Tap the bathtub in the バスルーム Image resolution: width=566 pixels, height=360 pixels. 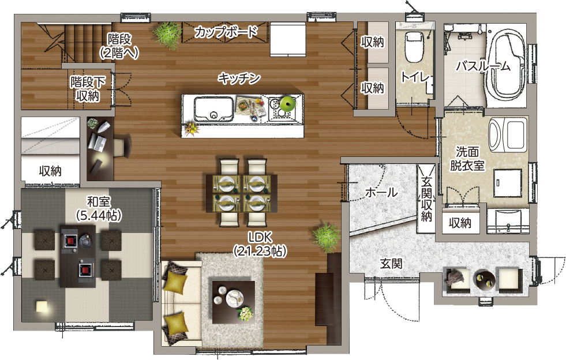point(507,65)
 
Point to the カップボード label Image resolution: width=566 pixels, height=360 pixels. point(226,32)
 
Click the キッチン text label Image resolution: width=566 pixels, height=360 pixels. point(239,78)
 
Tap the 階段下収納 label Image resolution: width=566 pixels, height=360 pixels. point(88,89)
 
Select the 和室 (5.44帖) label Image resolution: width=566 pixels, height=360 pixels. point(99,208)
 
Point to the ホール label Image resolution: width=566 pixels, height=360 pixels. point(381,192)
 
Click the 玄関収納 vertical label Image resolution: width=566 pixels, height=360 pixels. point(427,199)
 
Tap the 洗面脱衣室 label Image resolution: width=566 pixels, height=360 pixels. point(467,159)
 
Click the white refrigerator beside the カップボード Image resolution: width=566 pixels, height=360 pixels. point(288,39)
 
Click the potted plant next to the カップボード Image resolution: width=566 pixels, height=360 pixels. point(167,35)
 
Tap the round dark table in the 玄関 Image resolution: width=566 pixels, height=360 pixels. point(484,279)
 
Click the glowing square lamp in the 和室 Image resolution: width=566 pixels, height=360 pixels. point(42,306)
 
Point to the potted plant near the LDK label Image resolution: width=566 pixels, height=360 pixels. point(326,237)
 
